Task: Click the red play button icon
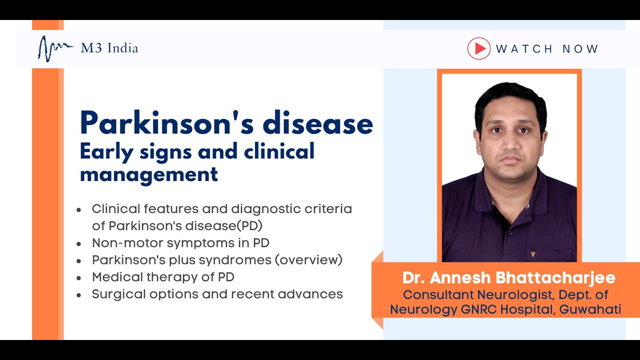point(479,48)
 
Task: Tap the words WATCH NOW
point(547,49)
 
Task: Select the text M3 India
point(109,48)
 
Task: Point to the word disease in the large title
point(318,123)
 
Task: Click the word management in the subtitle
point(149,174)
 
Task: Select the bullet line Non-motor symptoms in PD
point(180,243)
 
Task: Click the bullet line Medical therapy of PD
point(163,276)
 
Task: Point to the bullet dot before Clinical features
point(79,210)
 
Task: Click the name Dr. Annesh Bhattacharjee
point(508,278)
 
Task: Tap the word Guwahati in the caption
point(590,309)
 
